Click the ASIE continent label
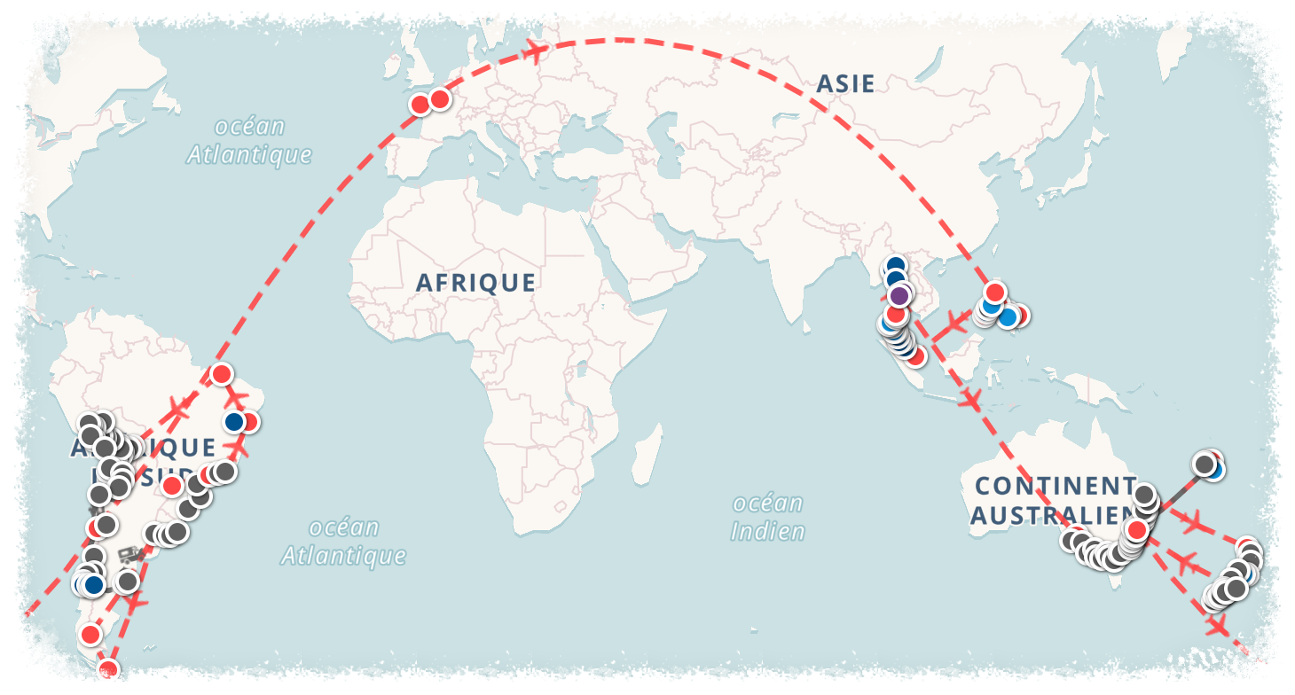[845, 84]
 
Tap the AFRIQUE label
[475, 283]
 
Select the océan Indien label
[768, 518]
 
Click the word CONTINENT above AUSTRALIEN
[1055, 486]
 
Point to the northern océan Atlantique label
[249, 140]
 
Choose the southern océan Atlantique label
[343, 542]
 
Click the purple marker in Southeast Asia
[899, 295]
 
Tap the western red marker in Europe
[420, 105]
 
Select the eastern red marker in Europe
[439, 99]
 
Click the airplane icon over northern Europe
[535, 50]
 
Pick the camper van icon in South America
[131, 555]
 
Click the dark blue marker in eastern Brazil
[234, 422]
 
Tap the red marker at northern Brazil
[221, 373]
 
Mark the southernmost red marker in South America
[108, 668]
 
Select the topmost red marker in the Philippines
[994, 292]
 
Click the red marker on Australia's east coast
[1134, 530]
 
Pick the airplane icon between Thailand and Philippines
[954, 321]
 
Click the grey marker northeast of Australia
[1204, 464]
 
